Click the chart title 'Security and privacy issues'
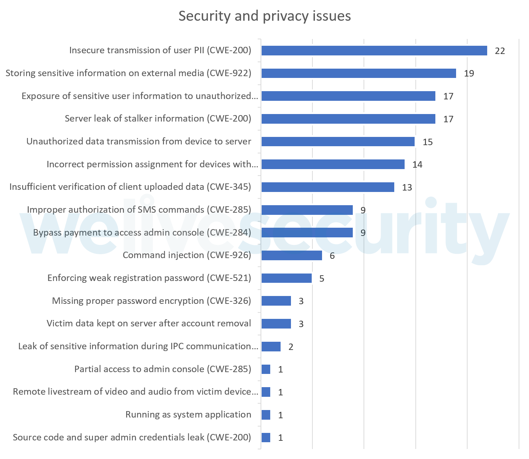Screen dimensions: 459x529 [264, 16]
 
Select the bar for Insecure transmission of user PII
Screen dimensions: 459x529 [374, 51]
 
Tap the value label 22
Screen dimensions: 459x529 [500, 51]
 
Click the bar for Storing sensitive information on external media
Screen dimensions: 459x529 [359, 73]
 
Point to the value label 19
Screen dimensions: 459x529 [469, 73]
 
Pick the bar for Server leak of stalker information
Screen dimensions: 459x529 [348, 119]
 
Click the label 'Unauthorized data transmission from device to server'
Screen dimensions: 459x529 [139, 142]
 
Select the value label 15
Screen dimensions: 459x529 [427, 142]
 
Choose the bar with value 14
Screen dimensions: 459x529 [333, 164]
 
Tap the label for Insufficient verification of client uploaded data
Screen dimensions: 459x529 [130, 187]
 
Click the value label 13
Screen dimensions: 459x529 [407, 187]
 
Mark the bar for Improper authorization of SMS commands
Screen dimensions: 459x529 [307, 210]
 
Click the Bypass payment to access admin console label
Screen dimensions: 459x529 [142, 233]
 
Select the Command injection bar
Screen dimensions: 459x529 [292, 256]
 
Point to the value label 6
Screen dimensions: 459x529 [332, 256]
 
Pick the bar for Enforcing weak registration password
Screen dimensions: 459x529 [286, 278]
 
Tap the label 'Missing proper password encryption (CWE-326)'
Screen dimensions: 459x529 [152, 301]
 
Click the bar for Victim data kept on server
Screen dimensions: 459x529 [276, 324]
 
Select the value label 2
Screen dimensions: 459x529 [291, 347]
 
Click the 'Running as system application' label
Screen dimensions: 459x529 [188, 415]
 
